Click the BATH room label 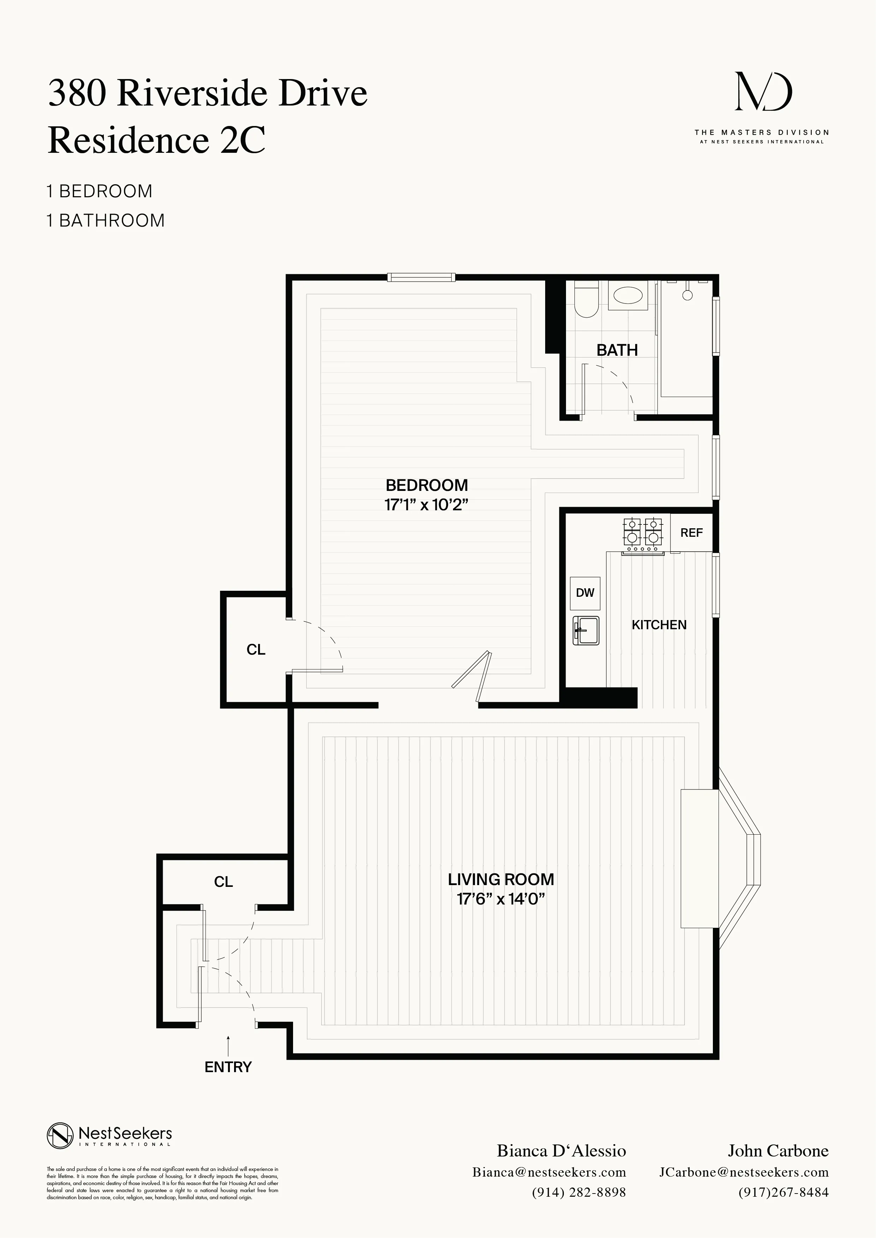coord(617,350)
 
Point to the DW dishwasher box coord(585,593)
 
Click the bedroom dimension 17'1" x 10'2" coord(426,505)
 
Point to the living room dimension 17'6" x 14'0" coord(501,899)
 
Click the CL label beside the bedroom coord(256,649)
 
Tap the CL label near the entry coord(223,882)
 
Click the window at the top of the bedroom coord(421,278)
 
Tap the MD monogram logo coord(763,93)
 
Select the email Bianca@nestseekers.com coord(549,1172)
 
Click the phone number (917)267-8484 coord(783,1192)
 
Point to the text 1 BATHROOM coord(106,221)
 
